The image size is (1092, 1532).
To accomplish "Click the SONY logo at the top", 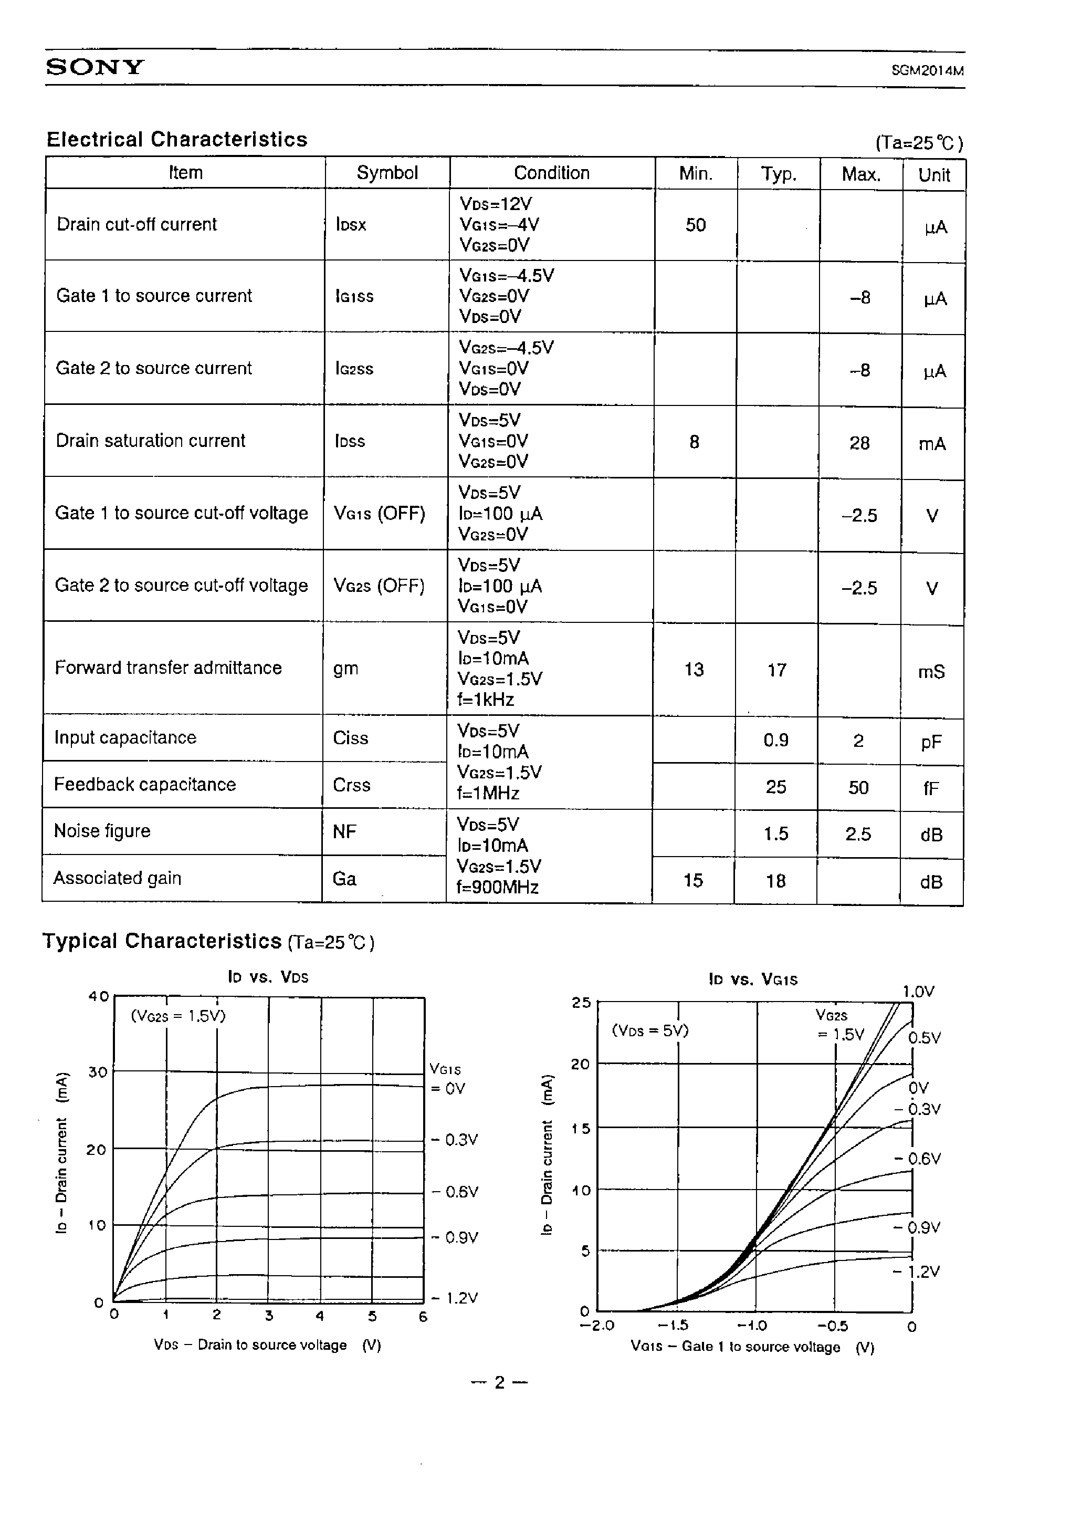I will coord(95,67).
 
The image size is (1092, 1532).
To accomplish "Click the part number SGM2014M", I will coord(927,70).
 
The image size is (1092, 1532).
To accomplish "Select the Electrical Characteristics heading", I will coord(176,139).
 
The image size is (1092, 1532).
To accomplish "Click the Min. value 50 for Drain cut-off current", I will coord(695,225).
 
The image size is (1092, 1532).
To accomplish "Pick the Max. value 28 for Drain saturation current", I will coord(859,443).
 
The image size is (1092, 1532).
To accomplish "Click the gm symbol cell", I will coord(345,669).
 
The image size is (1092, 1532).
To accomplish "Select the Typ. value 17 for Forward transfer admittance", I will coord(776,671).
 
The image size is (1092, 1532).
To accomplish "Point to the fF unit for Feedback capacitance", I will coord(931,788).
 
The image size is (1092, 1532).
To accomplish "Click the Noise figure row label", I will coord(102,831).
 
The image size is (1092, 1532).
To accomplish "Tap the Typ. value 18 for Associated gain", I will coord(775,881).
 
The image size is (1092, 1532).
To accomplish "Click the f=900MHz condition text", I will coord(498,888).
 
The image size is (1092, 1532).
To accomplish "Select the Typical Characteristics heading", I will coord(162,941).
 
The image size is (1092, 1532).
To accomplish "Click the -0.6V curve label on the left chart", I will coord(455,1192).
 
